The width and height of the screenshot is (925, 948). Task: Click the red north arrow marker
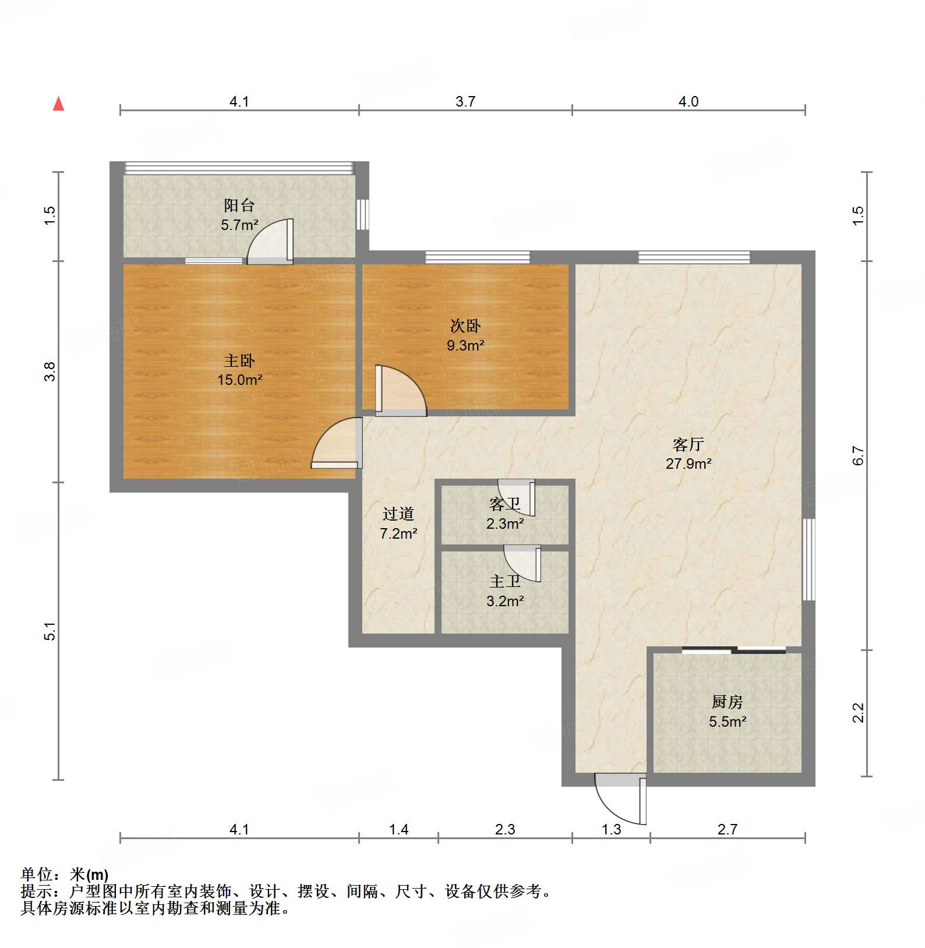pos(58,104)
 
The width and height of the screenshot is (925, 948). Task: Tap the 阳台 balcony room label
pos(239,205)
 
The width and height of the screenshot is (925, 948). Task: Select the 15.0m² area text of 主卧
pos(239,380)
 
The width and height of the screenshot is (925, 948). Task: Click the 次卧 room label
pos(465,326)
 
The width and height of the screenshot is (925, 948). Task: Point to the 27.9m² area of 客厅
pos(689,464)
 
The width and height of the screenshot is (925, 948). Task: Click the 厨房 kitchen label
pos(727,702)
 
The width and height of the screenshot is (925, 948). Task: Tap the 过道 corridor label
pos(398,514)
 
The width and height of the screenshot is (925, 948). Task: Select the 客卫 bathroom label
pos(504,504)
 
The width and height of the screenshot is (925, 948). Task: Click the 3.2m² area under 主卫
pos(505,601)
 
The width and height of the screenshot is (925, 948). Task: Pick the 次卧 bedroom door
pos(400,391)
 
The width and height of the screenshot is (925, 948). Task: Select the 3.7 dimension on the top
pos(465,102)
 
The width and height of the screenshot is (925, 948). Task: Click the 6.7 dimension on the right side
pos(859,455)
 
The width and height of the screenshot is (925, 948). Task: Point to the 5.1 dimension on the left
pos(51,631)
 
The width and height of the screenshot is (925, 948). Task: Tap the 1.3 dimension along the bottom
pos(611,829)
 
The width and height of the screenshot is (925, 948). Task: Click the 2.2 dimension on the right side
pos(859,713)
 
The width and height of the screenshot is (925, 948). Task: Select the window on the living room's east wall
pos(809,560)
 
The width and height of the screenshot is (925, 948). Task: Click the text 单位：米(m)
pos(65,875)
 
